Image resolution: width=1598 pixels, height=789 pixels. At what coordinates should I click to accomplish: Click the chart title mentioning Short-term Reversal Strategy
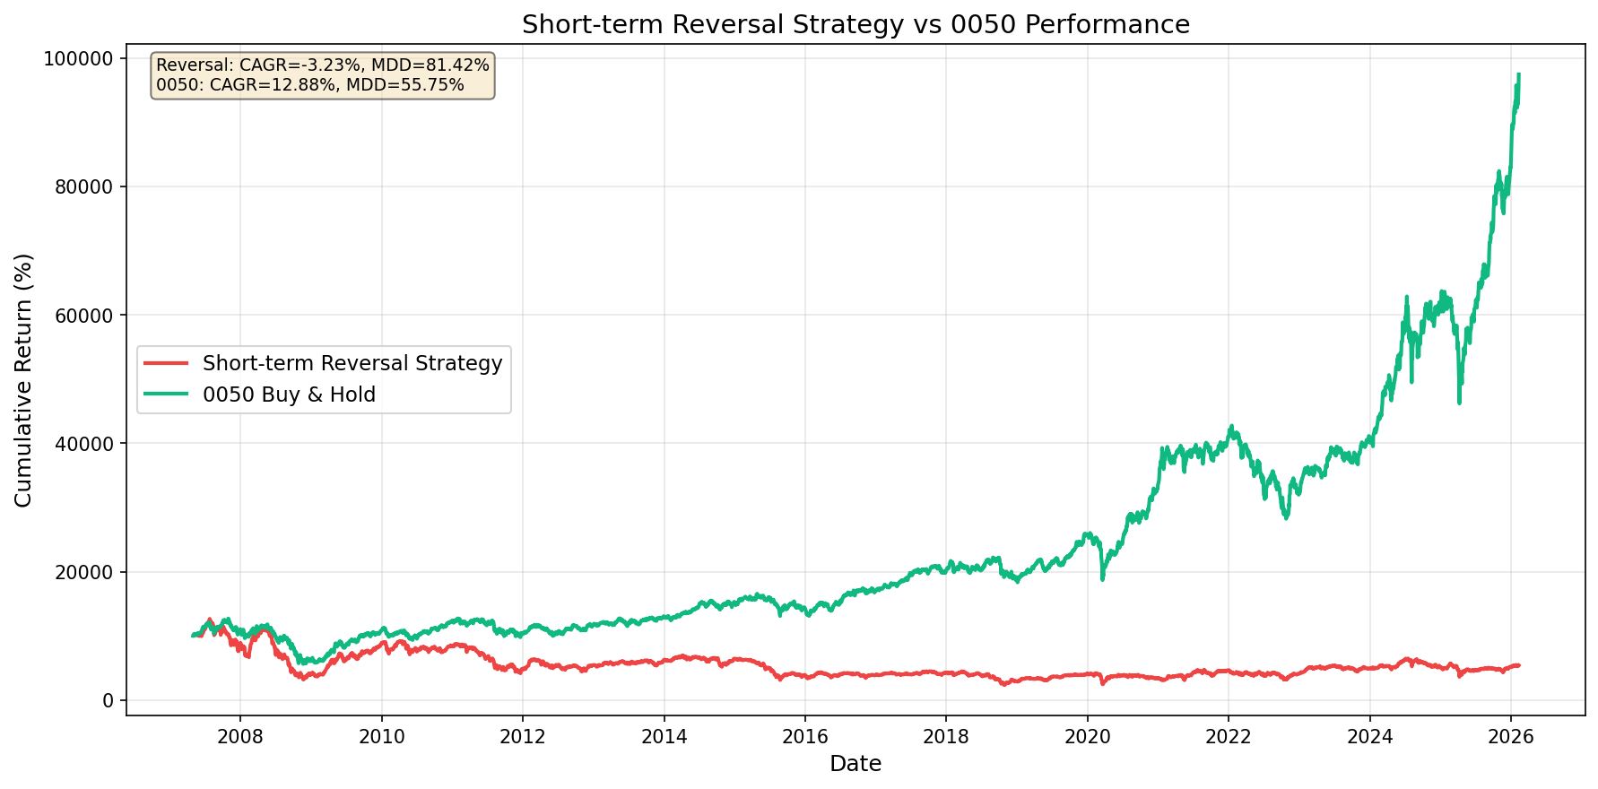tap(855, 24)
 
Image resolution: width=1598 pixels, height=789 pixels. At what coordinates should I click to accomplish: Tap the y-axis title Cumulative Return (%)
tap(24, 380)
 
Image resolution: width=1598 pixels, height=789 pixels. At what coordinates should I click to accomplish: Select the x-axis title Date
tap(855, 764)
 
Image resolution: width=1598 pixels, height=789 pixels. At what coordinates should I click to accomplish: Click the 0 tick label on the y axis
tap(109, 700)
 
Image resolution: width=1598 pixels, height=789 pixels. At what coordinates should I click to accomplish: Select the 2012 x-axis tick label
tap(522, 737)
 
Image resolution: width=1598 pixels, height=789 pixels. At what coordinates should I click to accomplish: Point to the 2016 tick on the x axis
tap(804, 737)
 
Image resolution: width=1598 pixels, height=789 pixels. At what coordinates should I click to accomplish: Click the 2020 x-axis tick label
tap(1087, 737)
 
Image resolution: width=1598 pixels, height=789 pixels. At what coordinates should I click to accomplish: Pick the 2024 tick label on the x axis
tap(1369, 737)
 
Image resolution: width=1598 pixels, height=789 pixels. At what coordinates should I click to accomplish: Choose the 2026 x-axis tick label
tap(1510, 737)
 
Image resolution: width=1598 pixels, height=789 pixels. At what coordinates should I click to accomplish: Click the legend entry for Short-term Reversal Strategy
tap(352, 363)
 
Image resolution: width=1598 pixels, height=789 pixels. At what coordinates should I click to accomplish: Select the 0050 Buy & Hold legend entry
tap(289, 394)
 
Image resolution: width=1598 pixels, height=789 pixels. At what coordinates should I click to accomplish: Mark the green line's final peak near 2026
tap(1518, 74)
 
